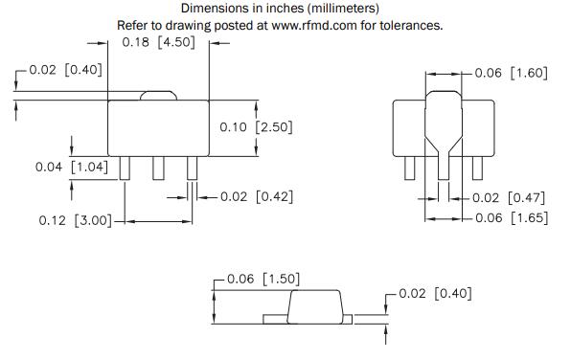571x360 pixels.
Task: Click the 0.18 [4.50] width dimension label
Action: click(158, 42)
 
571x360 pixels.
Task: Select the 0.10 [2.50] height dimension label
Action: click(256, 127)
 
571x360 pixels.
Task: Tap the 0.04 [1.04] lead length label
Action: click(72, 168)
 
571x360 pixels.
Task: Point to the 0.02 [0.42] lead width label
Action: click(257, 197)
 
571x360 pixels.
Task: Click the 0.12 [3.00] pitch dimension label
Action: click(76, 220)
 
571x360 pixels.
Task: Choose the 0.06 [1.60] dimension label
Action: click(512, 73)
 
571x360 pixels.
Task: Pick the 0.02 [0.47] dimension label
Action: click(509, 198)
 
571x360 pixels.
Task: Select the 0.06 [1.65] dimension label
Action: click(512, 218)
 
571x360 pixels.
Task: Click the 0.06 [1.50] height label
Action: click(263, 280)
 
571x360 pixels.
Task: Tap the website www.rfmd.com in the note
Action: click(314, 26)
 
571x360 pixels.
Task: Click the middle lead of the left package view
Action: click(158, 168)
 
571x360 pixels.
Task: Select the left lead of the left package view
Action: click(125, 168)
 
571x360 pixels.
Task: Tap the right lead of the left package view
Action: click(193, 168)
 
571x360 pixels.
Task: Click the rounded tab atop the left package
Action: click(158, 96)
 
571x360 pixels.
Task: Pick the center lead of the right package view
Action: click(444, 168)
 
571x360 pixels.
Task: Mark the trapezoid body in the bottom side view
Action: click(315, 306)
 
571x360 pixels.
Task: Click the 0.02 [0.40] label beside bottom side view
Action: click(435, 293)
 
